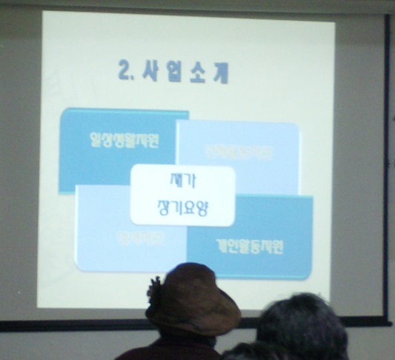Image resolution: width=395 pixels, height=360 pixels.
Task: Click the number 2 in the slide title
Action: pos(124,72)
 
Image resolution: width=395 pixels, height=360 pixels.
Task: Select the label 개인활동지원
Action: pos(250,247)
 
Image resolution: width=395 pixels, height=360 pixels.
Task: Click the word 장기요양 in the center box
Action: pos(183,207)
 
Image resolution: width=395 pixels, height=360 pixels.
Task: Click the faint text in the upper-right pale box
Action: pos(248,153)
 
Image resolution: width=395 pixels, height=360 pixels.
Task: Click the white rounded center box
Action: pos(182,195)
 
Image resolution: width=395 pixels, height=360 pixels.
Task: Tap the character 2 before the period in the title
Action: pos(124,72)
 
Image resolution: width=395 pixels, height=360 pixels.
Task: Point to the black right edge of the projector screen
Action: pos(386,163)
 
